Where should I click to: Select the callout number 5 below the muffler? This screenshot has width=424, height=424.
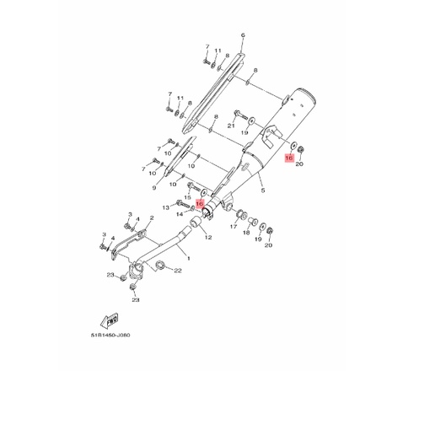(x=262, y=191)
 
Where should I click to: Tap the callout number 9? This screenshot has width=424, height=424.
(x=154, y=188)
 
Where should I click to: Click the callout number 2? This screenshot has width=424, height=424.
(x=150, y=218)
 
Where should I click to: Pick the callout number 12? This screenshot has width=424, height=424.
(x=207, y=238)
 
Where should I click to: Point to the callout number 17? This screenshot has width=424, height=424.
(x=233, y=227)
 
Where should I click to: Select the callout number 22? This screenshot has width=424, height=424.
(x=177, y=271)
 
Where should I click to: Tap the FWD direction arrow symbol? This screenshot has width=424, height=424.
(x=109, y=320)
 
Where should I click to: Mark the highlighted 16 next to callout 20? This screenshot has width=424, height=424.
(x=289, y=158)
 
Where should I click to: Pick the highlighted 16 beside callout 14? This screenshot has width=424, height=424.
(x=200, y=204)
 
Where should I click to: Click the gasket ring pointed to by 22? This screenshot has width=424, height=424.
(x=157, y=267)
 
